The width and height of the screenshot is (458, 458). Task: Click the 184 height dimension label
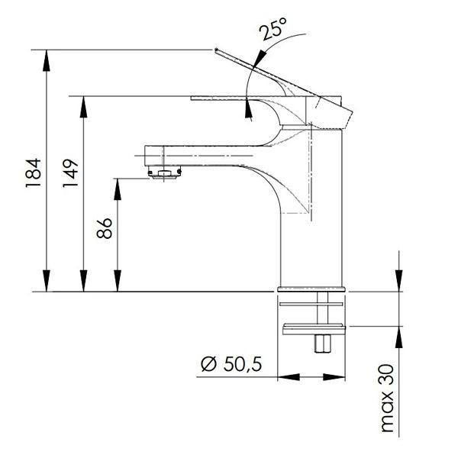pyautogui.click(x=33, y=173)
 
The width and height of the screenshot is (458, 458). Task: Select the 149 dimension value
pyautogui.click(x=71, y=173)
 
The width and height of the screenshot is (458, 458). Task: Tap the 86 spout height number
pyautogui.click(x=105, y=228)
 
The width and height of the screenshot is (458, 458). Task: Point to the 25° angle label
pyautogui.click(x=273, y=28)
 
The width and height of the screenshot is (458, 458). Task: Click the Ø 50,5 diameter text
pyautogui.click(x=231, y=364)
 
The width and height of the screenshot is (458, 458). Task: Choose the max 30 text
pyautogui.click(x=388, y=398)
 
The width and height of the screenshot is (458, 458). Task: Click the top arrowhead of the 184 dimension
pyautogui.click(x=46, y=60)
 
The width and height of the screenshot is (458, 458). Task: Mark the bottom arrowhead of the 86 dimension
pyautogui.click(x=118, y=281)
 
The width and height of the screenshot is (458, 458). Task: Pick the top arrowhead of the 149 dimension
pyautogui.click(x=83, y=107)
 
